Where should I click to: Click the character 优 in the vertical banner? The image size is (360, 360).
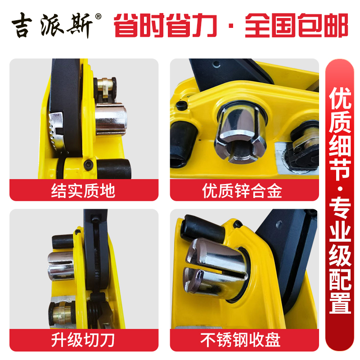pos(340,96)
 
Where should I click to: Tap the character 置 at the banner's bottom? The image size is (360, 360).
pos(340,301)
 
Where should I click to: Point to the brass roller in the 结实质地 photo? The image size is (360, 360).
pos(106,85)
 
